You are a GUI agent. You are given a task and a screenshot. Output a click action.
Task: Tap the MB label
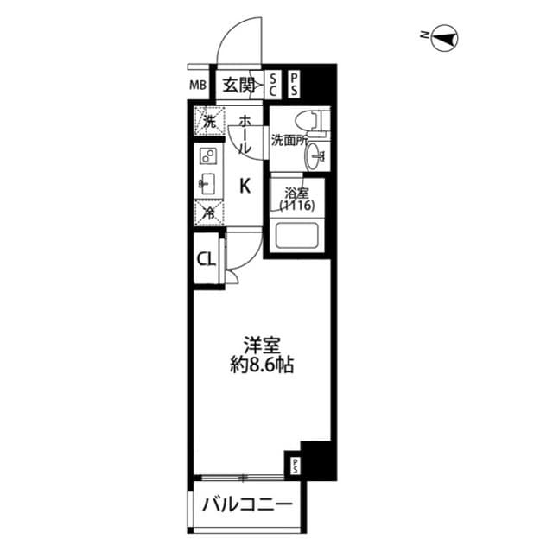(199, 86)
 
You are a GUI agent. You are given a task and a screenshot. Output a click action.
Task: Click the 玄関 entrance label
(238, 85)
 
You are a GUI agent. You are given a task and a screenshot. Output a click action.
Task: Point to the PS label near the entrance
(294, 85)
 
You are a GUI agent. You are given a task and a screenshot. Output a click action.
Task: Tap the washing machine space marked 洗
(208, 122)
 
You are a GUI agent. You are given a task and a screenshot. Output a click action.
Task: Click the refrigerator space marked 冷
(208, 211)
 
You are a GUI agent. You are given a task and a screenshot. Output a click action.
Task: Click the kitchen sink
(207, 181)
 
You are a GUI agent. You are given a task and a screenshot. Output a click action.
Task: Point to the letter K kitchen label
(245, 184)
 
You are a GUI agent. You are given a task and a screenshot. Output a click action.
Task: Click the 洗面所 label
(289, 140)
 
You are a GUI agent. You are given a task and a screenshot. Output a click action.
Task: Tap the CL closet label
(206, 259)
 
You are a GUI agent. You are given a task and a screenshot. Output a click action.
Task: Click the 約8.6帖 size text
(260, 365)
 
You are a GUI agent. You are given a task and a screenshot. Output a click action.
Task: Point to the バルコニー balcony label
(245, 505)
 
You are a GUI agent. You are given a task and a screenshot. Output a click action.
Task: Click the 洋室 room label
(260, 344)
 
